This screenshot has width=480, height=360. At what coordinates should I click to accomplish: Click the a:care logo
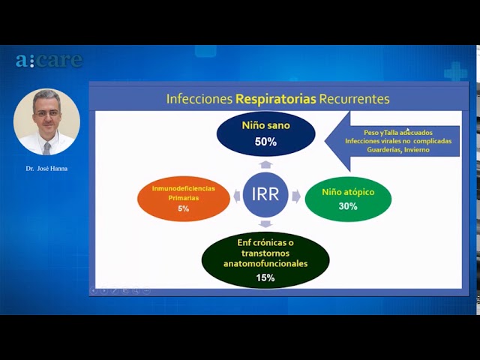point(49,60)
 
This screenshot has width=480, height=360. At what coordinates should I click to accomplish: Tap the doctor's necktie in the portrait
point(46,148)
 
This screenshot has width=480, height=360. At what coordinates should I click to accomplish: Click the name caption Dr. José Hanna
point(46,169)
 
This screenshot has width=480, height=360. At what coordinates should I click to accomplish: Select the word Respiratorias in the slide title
point(275,99)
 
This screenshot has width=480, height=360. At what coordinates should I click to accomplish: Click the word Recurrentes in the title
point(354,99)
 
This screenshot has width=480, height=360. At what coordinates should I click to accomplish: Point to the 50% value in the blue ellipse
point(265,142)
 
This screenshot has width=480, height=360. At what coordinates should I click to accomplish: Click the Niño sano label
point(265,125)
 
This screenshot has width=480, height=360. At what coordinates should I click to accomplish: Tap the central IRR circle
point(265,194)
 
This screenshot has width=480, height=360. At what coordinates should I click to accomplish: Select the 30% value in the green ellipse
point(348,206)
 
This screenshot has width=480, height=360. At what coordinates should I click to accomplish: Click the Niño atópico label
point(348,192)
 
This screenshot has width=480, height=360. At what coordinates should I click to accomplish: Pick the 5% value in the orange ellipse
point(183,208)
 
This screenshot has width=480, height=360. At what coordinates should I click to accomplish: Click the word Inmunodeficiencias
point(183,188)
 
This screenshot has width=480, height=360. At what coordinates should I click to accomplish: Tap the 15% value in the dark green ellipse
point(265,278)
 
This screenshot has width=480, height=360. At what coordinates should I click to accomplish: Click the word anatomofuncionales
point(265,264)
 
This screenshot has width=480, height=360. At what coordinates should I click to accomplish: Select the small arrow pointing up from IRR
point(265,164)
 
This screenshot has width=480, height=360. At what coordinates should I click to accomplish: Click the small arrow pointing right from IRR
point(296,196)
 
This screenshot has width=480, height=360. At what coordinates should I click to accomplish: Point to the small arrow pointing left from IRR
point(237,196)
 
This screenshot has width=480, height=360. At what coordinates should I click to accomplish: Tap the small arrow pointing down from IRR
point(265,223)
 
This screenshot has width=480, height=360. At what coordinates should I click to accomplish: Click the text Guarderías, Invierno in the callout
point(398,150)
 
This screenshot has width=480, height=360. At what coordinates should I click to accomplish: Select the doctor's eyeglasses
point(47,113)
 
